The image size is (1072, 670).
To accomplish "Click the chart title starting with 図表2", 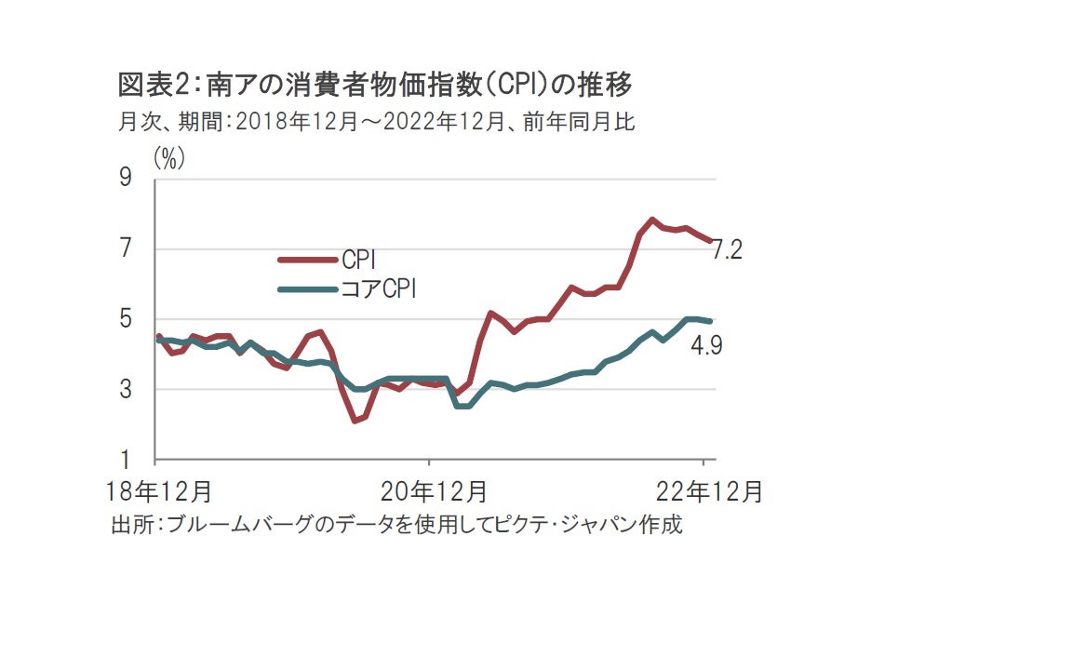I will [x=375, y=86].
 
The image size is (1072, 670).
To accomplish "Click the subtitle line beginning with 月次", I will [x=377, y=122].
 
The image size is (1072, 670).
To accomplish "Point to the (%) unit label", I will [x=169, y=159].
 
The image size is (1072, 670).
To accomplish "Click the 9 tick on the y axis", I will [x=125, y=179].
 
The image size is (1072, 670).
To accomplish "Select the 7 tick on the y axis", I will [x=125, y=249].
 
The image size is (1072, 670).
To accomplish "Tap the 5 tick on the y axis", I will [x=125, y=320].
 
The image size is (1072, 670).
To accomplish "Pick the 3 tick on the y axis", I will [x=125, y=390].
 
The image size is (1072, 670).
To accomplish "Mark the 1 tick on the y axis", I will [x=125, y=461].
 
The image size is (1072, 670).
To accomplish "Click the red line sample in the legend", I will [x=308, y=261].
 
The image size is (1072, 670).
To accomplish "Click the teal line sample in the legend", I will [x=308, y=289].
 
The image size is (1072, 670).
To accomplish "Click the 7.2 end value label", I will [x=727, y=250].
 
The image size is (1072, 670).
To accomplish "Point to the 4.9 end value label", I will [x=707, y=346].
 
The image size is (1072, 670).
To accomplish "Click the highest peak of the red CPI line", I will [x=652, y=220].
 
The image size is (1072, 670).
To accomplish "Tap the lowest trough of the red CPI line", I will [x=355, y=421].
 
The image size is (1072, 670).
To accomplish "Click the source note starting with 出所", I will [x=396, y=525].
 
